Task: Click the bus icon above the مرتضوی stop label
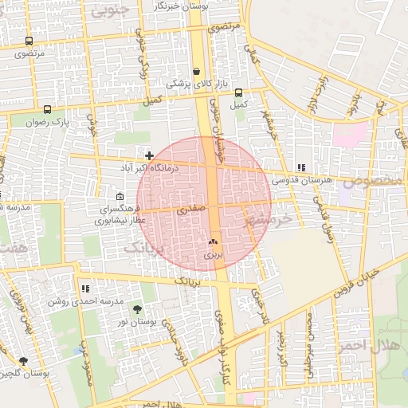point(29,41)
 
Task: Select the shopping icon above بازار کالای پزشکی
point(196,71)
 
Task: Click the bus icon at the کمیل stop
point(237,92)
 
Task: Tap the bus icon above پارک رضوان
point(48,110)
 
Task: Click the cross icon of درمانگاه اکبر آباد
point(149,155)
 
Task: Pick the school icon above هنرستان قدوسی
point(301,167)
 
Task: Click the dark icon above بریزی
point(212,242)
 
